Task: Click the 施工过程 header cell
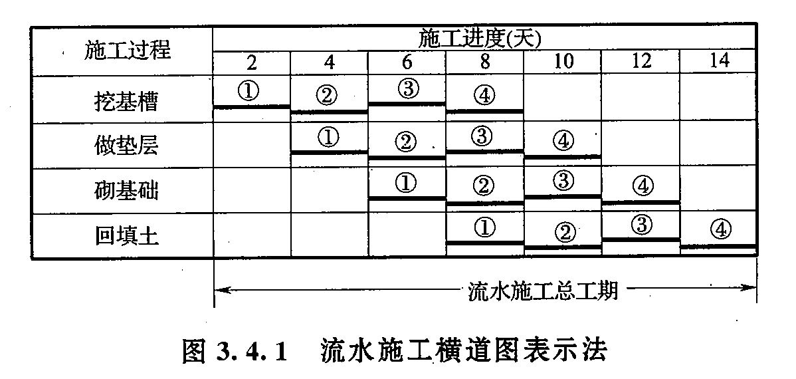(x=128, y=51)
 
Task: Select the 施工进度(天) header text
(x=480, y=39)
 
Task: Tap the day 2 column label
(x=252, y=62)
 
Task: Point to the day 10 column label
(x=563, y=62)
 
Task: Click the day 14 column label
(x=720, y=61)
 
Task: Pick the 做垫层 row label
(x=126, y=146)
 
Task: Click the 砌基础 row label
(x=126, y=191)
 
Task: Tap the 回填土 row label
(x=126, y=236)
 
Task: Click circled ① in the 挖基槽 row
(x=249, y=92)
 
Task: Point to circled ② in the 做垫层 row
(x=405, y=142)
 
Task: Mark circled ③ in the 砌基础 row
(x=562, y=180)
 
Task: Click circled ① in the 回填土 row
(x=484, y=228)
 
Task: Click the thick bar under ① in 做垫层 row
(x=330, y=152)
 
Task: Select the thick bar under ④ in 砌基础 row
(x=641, y=202)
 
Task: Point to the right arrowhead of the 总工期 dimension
(x=751, y=288)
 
